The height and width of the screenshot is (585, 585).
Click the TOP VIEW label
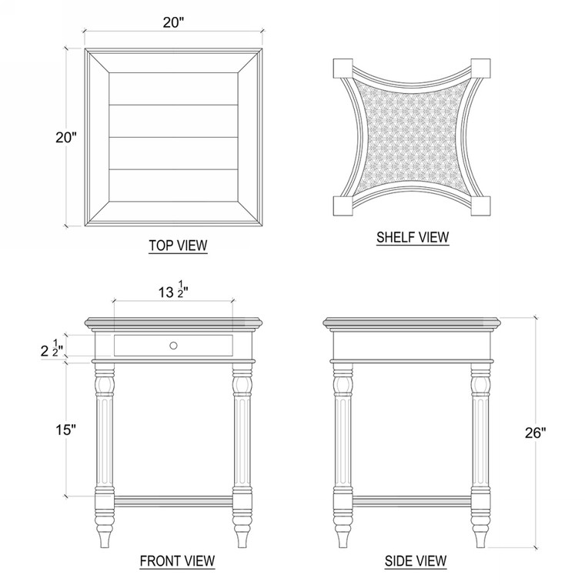pyautogui.click(x=178, y=246)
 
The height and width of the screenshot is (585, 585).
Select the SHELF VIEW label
pyautogui.click(x=413, y=237)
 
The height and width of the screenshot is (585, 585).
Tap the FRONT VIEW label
pyautogui.click(x=177, y=560)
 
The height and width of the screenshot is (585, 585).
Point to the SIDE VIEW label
pyautogui.click(x=416, y=560)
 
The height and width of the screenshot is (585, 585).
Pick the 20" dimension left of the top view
pyautogui.click(x=66, y=138)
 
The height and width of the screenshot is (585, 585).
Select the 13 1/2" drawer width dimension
pyautogui.click(x=173, y=292)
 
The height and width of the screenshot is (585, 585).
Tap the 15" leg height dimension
pyautogui.click(x=66, y=430)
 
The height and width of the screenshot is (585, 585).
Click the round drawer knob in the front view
pyautogui.click(x=173, y=345)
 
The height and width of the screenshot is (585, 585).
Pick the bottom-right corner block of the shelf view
pyautogui.click(x=480, y=206)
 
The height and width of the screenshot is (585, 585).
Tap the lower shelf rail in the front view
pyautogui.click(x=173, y=502)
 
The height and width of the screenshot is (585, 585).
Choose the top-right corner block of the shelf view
pyautogui.click(x=480, y=67)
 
